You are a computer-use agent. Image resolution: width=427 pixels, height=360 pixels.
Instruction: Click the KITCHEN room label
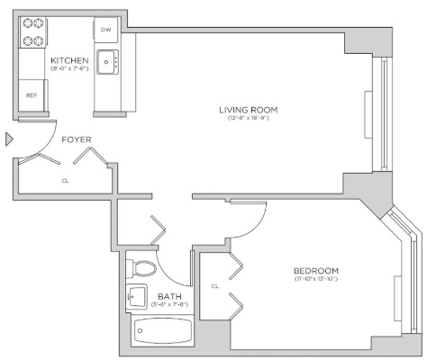point(69,60)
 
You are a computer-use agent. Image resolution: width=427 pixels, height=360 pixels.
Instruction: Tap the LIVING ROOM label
point(249,110)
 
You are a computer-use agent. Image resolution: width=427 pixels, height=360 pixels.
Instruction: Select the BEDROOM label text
point(316,271)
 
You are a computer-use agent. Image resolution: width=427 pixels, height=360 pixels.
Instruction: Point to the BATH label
point(169,297)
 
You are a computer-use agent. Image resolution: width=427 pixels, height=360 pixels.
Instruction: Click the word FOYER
point(77,139)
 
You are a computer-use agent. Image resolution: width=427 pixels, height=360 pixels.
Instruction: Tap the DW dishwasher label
point(105,30)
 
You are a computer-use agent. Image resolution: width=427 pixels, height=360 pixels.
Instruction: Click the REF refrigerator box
point(32,95)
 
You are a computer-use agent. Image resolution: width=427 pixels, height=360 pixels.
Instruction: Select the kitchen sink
point(107,62)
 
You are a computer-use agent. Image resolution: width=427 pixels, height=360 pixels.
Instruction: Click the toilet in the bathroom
point(141,268)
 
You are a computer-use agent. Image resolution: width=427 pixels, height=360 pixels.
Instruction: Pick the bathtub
point(163,330)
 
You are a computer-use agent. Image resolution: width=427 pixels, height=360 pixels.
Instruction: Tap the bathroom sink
point(137,297)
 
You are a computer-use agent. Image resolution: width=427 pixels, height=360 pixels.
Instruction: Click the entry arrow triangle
point(9,139)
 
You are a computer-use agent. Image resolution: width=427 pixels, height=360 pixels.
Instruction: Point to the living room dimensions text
point(249,118)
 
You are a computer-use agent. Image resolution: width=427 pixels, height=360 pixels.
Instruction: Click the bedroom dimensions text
point(316,279)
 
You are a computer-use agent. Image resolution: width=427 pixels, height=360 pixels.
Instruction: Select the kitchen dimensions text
point(69,68)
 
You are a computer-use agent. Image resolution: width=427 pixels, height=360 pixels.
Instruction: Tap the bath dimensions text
point(169,305)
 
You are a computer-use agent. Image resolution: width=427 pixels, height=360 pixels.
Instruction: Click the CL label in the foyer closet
point(65,181)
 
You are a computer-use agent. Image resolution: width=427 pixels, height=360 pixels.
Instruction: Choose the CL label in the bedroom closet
point(215,286)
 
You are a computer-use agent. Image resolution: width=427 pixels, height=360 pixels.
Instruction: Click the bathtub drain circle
point(140,331)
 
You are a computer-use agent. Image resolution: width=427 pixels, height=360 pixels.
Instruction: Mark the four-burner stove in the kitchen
point(32,32)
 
